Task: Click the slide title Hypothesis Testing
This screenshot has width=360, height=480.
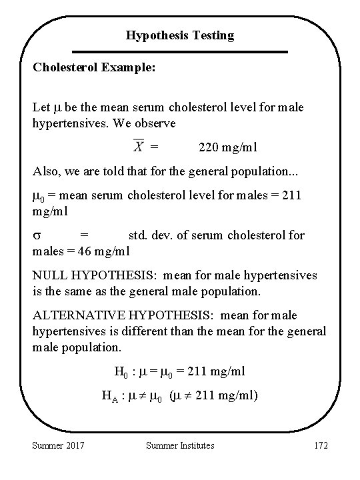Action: point(180,35)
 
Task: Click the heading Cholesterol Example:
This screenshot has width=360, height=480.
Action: point(93,69)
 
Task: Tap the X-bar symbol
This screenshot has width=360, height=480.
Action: point(138,145)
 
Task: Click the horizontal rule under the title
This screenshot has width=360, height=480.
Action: point(180,51)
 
